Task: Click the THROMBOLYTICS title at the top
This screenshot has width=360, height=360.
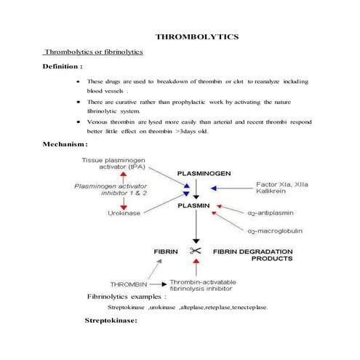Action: [198, 36]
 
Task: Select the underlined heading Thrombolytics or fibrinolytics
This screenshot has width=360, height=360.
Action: [94, 52]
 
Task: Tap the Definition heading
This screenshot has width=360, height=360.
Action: [63, 67]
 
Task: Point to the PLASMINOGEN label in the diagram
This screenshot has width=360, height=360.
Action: [204, 174]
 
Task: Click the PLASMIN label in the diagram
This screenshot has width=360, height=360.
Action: [194, 206]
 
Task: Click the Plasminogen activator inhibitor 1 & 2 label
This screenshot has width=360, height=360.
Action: [112, 190]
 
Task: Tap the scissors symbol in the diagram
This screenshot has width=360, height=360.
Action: [195, 251]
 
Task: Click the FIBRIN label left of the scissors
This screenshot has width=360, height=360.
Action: [166, 251]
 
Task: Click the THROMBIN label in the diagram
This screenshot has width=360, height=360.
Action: [129, 284]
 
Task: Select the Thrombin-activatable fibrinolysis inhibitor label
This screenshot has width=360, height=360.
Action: [212, 284]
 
